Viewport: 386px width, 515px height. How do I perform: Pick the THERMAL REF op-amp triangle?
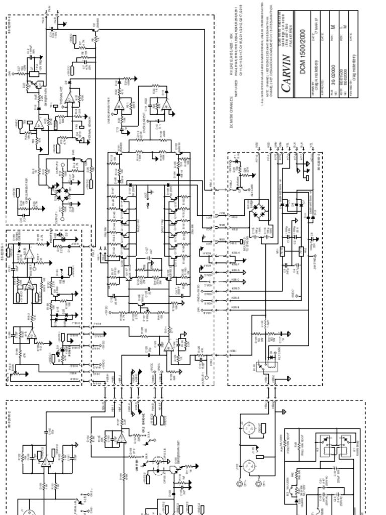pyautogui.click(x=71, y=96)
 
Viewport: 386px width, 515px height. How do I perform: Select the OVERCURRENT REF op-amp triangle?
pyautogui.click(x=120, y=104)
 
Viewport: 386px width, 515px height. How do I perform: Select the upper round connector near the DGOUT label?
pyautogui.click(x=248, y=431)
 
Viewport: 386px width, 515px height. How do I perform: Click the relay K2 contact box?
pyautogui.click(x=324, y=451)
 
